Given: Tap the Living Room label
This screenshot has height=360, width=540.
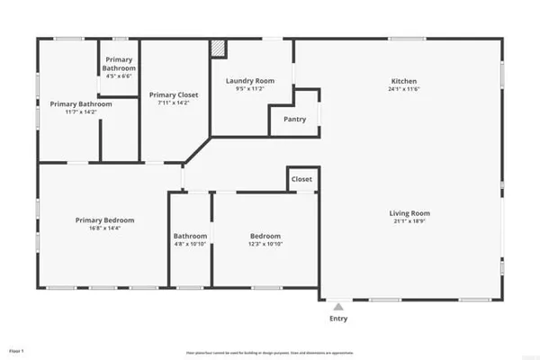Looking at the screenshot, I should pos(409,213).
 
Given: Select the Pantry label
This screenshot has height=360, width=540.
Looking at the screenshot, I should pos(294,119).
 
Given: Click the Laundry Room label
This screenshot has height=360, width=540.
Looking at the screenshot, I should pos(249,81).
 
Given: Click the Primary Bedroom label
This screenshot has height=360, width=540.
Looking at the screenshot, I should pos(104,220).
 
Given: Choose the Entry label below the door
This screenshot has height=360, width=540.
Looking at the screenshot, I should pos(338,319).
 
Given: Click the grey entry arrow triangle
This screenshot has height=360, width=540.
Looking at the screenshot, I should pos(338,306).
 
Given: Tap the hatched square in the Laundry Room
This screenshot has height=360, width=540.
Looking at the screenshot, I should pos(218,48).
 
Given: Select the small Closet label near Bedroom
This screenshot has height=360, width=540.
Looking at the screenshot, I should pos(301,179).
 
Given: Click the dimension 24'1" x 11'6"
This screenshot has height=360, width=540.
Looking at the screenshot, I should pos(404,89).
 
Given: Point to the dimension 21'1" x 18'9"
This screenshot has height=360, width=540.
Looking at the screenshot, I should pos(409,222).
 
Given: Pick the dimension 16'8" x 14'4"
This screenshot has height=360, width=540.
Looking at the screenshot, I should pos(104,229).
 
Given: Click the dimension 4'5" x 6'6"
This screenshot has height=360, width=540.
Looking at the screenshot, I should pos(119,76).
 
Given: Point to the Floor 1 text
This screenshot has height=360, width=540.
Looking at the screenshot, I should pos(16,349).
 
